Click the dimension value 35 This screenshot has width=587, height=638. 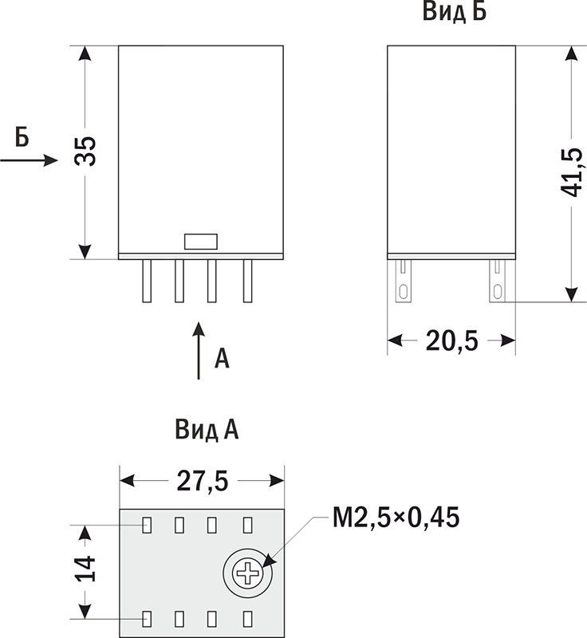pyautogui.click(x=85, y=151)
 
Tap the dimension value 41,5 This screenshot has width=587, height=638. pyautogui.click(x=572, y=171)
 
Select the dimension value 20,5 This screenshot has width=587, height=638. pyautogui.click(x=451, y=341)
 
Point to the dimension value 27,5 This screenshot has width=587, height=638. pyautogui.click(x=203, y=482)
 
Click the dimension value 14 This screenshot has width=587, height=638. pyautogui.click(x=85, y=568)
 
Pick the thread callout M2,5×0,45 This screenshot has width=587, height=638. pyautogui.click(x=396, y=518)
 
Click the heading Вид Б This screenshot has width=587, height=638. pyautogui.click(x=455, y=11)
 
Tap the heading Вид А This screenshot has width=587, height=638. pyautogui.click(x=207, y=430)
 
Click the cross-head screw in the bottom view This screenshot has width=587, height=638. pyautogui.click(x=248, y=573)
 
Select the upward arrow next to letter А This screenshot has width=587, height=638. pyautogui.click(x=199, y=351)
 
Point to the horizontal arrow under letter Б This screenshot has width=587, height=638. pyautogui.click(x=29, y=160)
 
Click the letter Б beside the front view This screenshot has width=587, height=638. pyautogui.click(x=22, y=136)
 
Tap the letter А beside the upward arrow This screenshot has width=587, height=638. pyautogui.click(x=222, y=358)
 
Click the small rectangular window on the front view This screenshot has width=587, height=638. pyautogui.click(x=201, y=242)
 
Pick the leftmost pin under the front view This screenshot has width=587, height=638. pyautogui.click(x=147, y=281)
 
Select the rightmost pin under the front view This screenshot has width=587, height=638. pyautogui.click(x=247, y=281)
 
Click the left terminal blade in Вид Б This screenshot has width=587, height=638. pyautogui.click(x=404, y=281)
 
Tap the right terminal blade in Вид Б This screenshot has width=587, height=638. pyautogui.click(x=497, y=281)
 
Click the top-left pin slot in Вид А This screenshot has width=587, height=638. pyautogui.click(x=147, y=525)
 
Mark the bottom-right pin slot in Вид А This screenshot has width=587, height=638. pyautogui.click(x=247, y=619)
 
